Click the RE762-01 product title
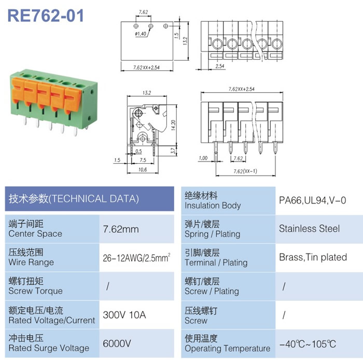pos(46,16)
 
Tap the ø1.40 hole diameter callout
pos(141,34)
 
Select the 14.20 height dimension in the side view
pos(173,125)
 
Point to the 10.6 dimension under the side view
pos(143,169)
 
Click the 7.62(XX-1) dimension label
pos(245,171)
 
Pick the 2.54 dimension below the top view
pos(220,66)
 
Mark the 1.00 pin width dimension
pos(203,158)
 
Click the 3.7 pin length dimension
pos(173,151)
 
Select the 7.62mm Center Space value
pos(121,229)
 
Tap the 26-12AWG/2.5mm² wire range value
pos(136,257)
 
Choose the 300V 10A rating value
pos(124,315)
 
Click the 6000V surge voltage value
pos(117,343)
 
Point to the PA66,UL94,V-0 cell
pos(313,200)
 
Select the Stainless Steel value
pos(309,228)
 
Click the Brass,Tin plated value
pos(313,257)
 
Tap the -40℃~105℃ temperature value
pos(308,344)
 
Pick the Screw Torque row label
pos(35,286)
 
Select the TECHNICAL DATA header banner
pos(89,199)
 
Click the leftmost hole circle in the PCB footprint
pos(136,26)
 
